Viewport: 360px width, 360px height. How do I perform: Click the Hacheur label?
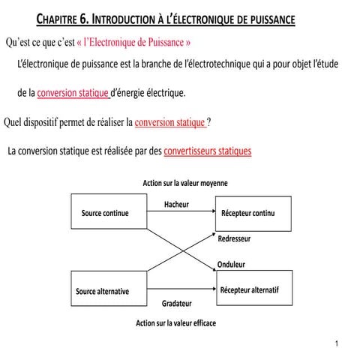point(175,204)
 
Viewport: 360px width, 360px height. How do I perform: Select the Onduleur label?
point(231,265)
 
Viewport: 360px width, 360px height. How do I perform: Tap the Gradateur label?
point(177,304)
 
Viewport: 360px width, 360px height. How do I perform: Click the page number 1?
point(339,343)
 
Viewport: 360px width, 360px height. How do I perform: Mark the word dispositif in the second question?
point(49,121)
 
